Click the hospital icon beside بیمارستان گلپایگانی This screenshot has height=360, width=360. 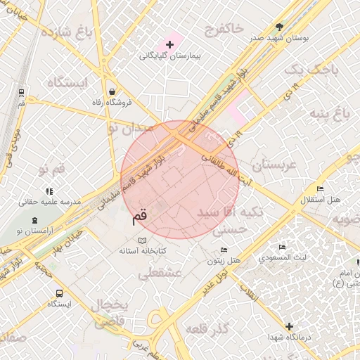coord(169,44)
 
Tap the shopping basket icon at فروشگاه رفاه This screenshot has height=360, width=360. coord(112,91)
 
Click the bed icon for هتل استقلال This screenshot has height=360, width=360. coord(320,189)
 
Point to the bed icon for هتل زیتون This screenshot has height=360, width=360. coord(224,250)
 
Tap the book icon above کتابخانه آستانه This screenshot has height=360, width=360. coord(141,240)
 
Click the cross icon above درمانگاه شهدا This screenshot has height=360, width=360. coord(289,326)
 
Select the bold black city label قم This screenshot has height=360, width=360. coord(140,218)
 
